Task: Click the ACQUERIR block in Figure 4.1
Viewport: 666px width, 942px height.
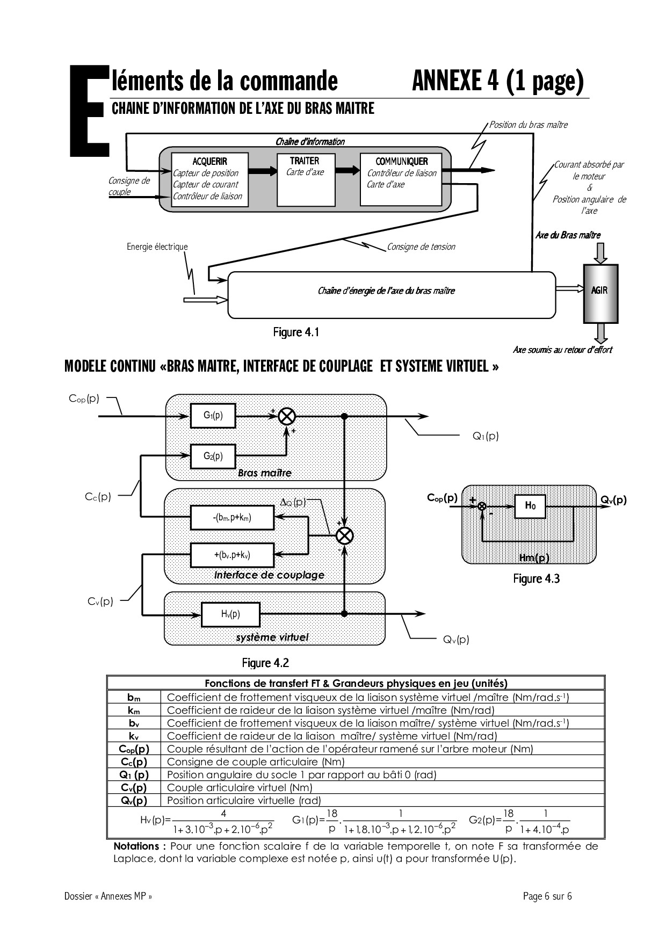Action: tap(209, 179)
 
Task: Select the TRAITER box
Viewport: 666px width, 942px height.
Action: tap(305, 179)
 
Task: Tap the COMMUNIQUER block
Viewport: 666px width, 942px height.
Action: tap(401, 179)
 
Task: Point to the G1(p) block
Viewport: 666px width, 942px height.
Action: tap(213, 416)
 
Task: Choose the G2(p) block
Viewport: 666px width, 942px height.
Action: tap(213, 456)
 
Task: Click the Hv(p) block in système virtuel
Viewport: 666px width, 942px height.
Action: tap(230, 614)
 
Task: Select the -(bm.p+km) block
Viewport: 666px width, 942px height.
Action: tap(232, 518)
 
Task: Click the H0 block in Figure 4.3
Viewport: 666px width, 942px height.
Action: tap(530, 506)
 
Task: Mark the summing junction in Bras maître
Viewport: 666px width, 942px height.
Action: tap(287, 416)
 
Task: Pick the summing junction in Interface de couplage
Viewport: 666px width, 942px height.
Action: tap(344, 535)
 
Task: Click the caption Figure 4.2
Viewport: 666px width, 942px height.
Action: tap(265, 663)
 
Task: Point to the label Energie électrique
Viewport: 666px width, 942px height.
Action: tap(157, 247)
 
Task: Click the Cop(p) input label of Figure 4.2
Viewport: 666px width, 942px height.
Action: tap(84, 398)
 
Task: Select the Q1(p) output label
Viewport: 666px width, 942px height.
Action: tap(486, 436)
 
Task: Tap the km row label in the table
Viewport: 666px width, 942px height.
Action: tap(134, 710)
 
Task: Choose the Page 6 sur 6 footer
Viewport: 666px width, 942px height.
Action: tap(547, 896)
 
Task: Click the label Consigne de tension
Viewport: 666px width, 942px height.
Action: tap(421, 247)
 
